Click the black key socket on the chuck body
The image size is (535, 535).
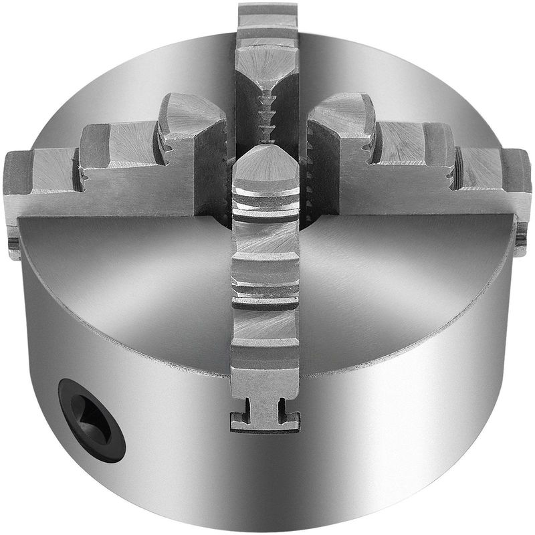pyautogui.click(x=91, y=419)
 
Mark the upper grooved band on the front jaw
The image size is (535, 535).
pyautogui.click(x=265, y=204)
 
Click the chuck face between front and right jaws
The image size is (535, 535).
pyautogui.click(x=388, y=281)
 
